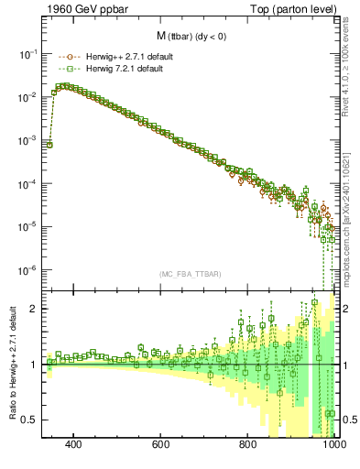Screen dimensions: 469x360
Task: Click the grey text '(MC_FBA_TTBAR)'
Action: (x=189, y=275)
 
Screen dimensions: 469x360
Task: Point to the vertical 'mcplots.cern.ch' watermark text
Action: (x=349, y=238)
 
